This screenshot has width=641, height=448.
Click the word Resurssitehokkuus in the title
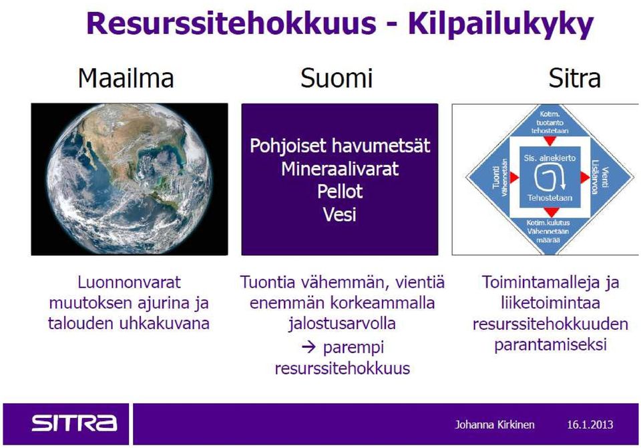click(231, 24)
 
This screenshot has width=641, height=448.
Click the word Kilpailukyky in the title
click(501, 25)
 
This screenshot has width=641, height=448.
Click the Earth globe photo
click(129, 179)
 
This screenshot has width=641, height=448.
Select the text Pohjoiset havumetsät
click(340, 146)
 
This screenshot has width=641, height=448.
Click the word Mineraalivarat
click(340, 169)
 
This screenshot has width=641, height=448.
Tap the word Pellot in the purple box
click(340, 192)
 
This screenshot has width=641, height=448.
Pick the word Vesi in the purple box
click(340, 214)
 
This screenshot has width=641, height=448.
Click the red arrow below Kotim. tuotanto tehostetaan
click(550, 141)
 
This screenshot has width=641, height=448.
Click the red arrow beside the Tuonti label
click(514, 178)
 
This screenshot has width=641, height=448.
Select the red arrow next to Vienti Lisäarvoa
click(585, 178)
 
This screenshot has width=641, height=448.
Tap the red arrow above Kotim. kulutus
click(551, 212)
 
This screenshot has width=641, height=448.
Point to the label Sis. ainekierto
click(550, 158)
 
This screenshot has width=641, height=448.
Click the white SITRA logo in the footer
click(74, 423)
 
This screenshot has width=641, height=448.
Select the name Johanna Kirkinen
click(495, 425)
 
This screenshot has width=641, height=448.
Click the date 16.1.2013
click(590, 425)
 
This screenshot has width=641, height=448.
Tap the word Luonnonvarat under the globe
click(129, 282)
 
